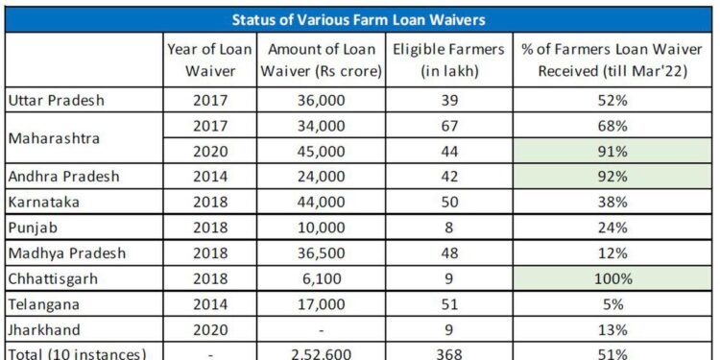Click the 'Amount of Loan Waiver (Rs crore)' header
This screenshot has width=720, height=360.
324,60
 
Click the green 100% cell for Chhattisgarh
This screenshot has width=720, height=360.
612,279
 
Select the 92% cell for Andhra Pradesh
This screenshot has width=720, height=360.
612,177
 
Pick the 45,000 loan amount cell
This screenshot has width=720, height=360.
324,152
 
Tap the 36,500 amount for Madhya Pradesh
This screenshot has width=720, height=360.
324,253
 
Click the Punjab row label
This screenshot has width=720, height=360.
32,228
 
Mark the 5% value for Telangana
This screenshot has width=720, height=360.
612,304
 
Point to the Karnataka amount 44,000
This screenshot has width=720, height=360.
324,203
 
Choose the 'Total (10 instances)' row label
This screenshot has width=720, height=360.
77,353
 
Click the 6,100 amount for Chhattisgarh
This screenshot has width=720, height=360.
324,279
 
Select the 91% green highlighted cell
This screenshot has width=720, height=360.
612,152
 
